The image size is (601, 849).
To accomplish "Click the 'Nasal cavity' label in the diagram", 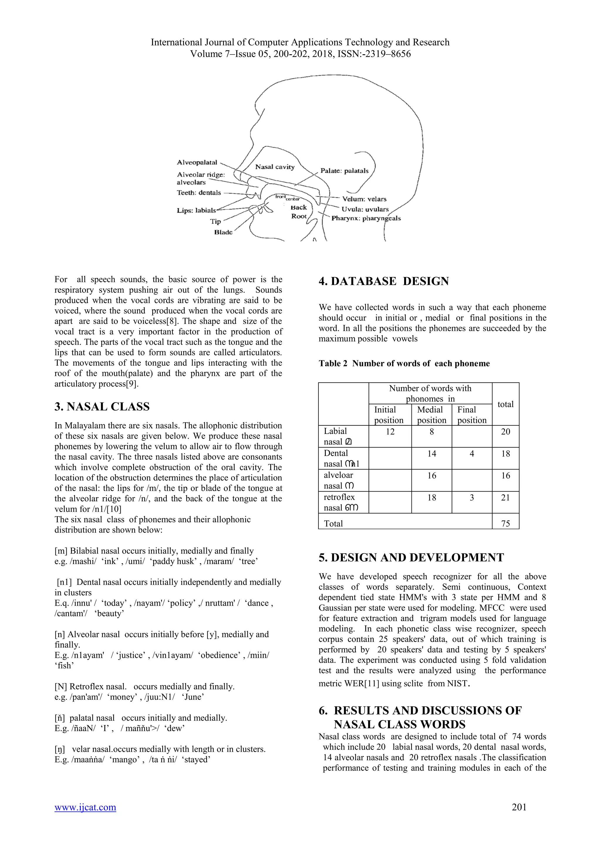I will coord(275,167).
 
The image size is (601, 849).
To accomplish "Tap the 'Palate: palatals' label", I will coord(344,171).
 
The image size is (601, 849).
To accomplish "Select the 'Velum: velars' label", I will coord(364,199).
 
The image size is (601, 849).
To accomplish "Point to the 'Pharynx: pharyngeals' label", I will coord(366,218).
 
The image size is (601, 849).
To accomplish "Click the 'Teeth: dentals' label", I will coord(199,193).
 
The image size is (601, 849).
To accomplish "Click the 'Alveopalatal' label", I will coord(197,163).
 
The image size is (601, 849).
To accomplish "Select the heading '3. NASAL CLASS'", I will coord(102,407).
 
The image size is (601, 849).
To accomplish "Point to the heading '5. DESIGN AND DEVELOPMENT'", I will coord(411,558).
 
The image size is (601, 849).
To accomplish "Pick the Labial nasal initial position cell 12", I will coord(390,432).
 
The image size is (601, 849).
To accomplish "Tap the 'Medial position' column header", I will coord(431,415).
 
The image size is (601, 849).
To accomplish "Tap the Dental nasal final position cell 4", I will coord(472,454).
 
